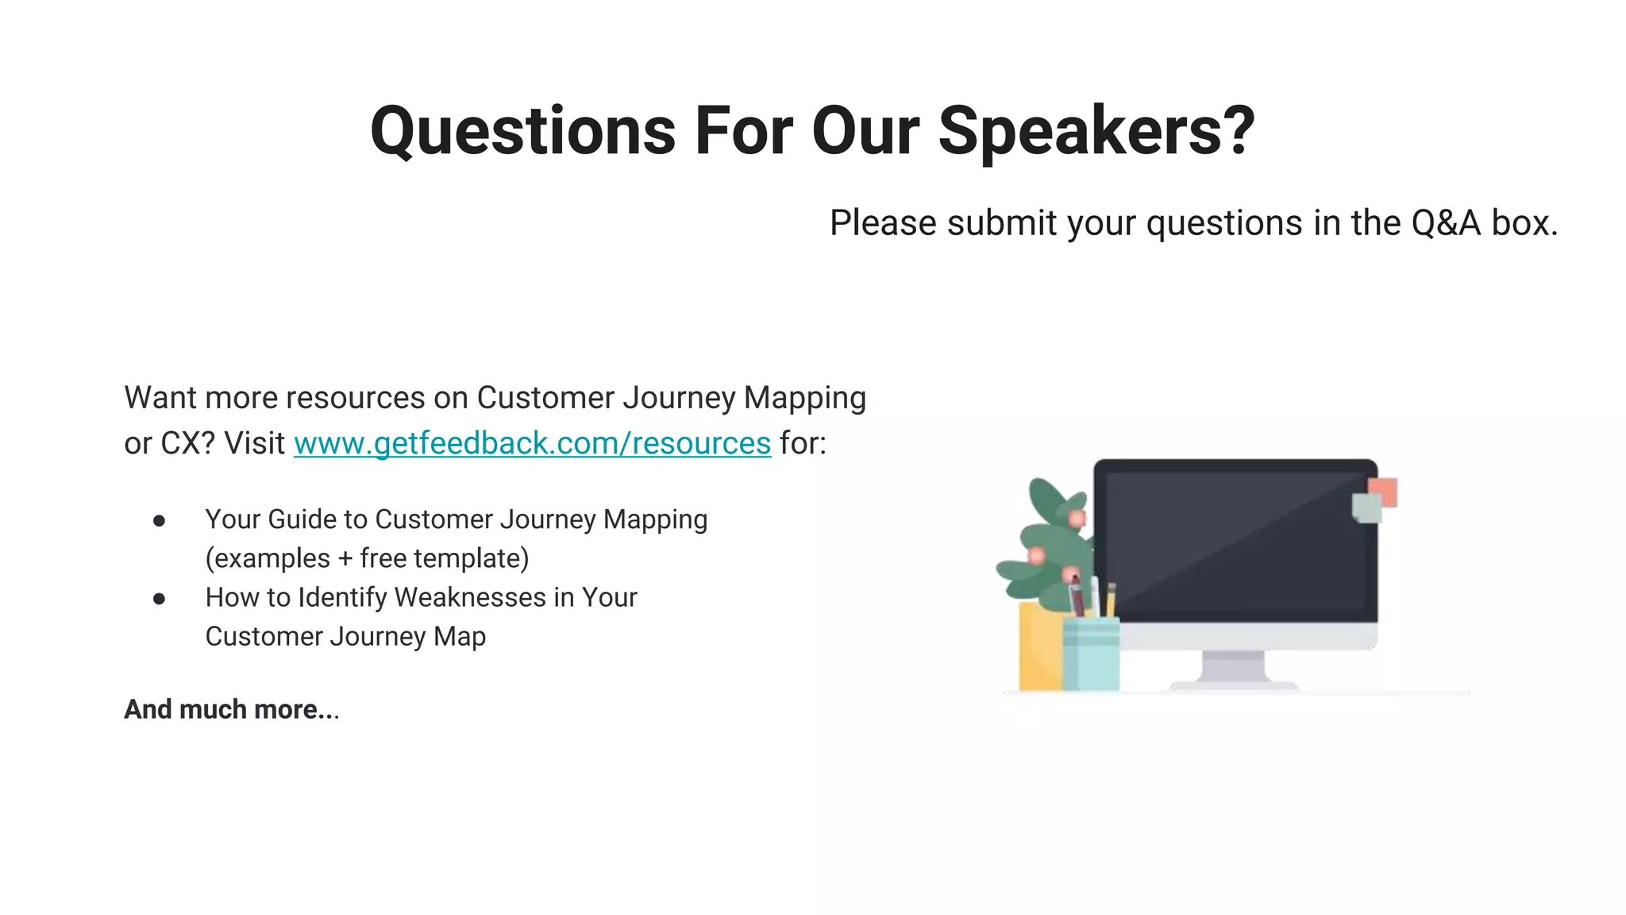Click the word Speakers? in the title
tap(1096, 131)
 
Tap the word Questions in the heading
tap(522, 131)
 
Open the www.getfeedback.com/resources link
tap(532, 443)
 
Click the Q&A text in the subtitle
tap(1445, 223)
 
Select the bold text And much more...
tap(231, 709)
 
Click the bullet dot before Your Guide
tap(160, 521)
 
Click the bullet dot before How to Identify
tap(160, 599)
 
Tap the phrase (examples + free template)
tap(367, 558)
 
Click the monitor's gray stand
tap(1233, 667)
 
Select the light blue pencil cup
tap(1091, 655)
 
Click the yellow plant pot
tap(1038, 647)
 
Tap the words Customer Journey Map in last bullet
tap(345, 636)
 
